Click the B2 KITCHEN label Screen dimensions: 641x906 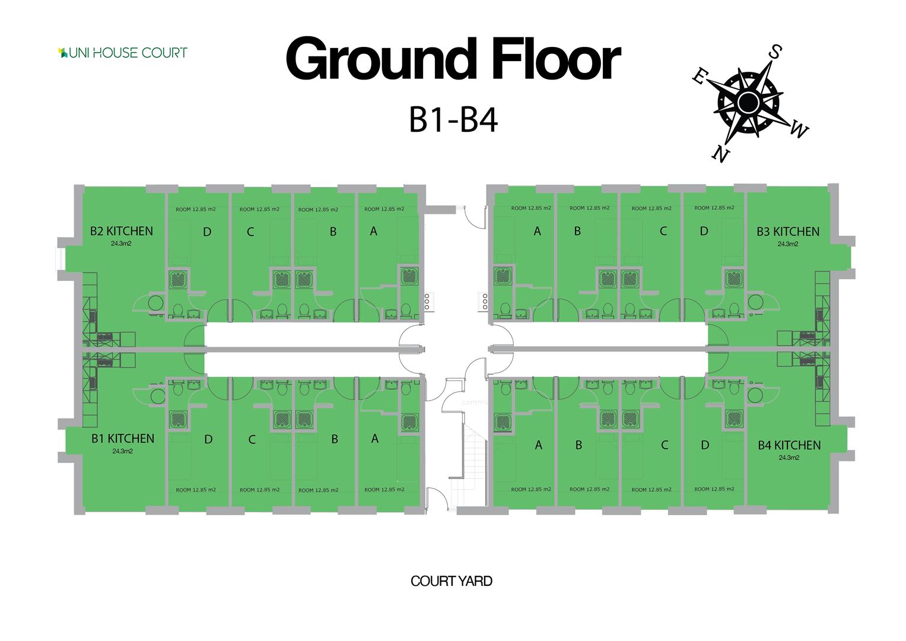click(121, 231)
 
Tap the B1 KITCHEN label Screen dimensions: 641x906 click(122, 439)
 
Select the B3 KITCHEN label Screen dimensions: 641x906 click(787, 231)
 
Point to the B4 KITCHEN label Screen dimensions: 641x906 click(789, 445)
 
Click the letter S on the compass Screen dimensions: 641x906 click(774, 52)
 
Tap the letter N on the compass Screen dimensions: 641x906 click(720, 154)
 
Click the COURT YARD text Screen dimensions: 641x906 click(452, 581)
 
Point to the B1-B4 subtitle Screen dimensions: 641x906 click(453, 120)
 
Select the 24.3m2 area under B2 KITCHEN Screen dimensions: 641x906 click(121, 243)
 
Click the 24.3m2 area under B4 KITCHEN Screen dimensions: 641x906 click(789, 458)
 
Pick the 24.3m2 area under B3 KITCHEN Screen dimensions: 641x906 click(787, 244)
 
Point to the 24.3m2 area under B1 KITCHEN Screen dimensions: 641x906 click(122, 451)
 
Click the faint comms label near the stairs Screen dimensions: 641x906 click(474, 402)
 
